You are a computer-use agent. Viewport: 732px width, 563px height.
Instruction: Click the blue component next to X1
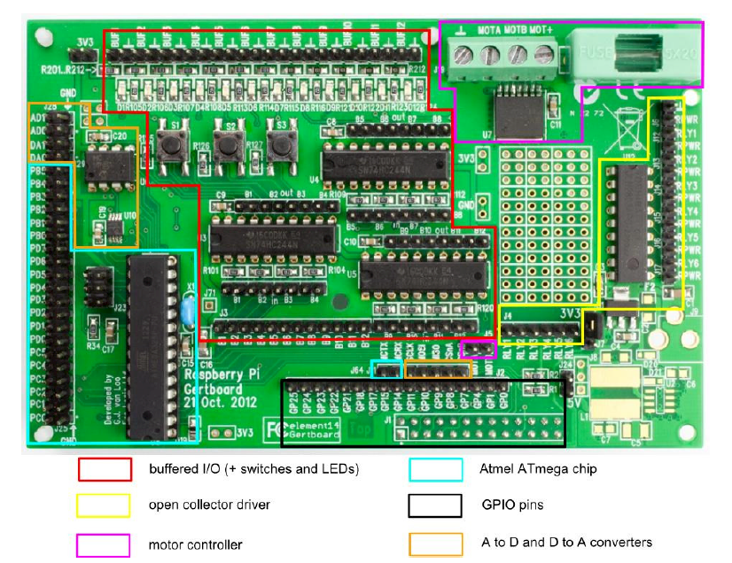click(x=186, y=311)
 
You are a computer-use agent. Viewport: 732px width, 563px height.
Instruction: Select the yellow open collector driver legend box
click(x=105, y=505)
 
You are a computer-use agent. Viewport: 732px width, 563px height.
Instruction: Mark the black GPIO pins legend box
click(x=435, y=505)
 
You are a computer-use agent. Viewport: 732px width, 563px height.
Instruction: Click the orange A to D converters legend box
click(x=435, y=543)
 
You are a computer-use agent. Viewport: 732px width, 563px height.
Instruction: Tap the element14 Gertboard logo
click(x=315, y=430)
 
